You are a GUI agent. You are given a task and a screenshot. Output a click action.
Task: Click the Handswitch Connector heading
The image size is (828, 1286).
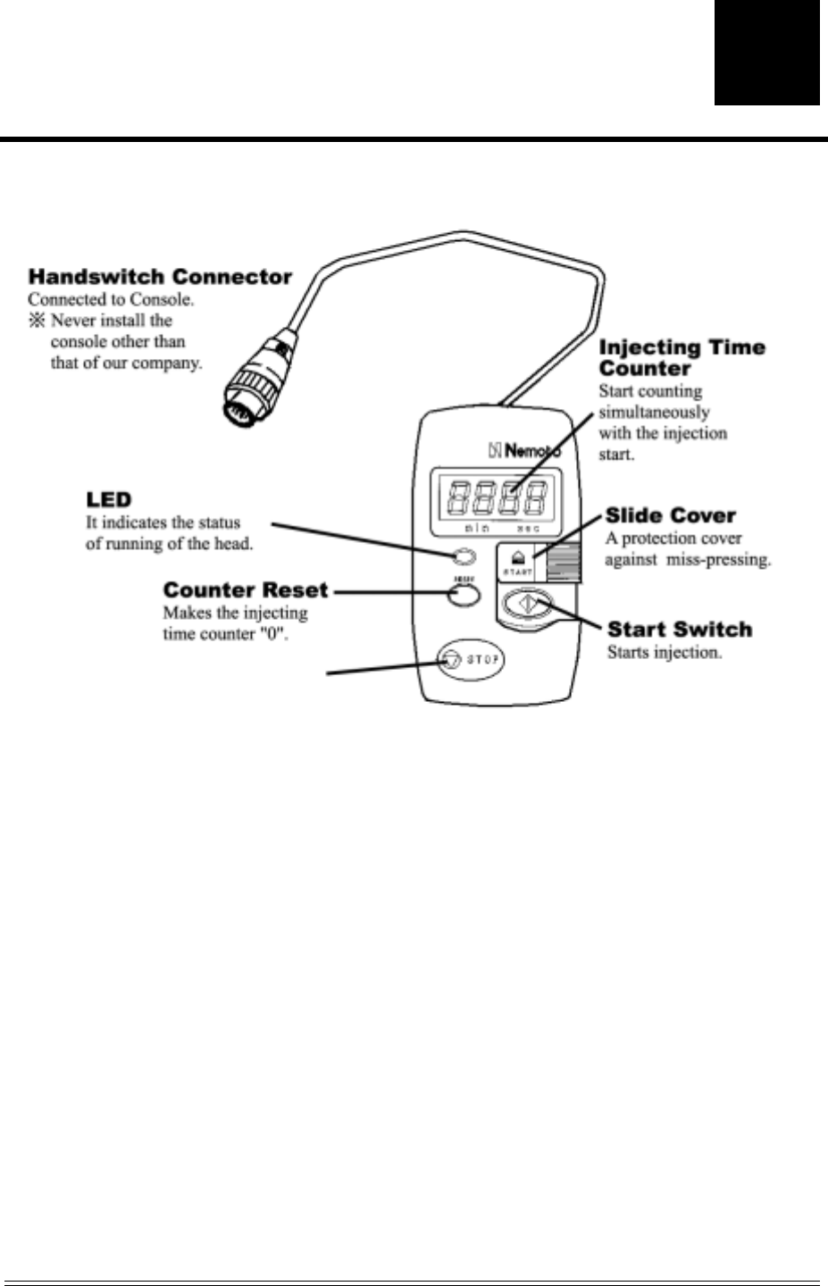[160, 277]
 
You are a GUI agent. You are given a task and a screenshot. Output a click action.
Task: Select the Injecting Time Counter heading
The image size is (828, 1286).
[682, 357]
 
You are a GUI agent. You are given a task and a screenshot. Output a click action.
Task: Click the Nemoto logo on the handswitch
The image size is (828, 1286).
[525, 449]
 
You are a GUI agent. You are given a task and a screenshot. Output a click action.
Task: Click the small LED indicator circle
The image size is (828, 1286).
[464, 558]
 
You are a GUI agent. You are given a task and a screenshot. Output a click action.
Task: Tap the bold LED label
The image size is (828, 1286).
[108, 499]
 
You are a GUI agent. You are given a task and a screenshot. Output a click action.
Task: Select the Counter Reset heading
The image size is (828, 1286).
[246, 590]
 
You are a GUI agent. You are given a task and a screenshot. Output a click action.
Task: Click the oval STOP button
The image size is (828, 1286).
[470, 660]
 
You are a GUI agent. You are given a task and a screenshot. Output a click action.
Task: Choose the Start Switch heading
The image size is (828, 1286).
[679, 630]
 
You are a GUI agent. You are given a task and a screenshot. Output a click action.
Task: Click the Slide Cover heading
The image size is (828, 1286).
[670, 515]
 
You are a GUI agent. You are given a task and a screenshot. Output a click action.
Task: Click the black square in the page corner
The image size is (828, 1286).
[766, 53]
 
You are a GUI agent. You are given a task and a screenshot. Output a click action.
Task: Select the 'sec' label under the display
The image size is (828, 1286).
[529, 529]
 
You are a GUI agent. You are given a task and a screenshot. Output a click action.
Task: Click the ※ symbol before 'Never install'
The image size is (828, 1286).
[37, 321]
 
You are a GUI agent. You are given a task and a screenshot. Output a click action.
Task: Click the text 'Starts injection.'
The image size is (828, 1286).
[664, 653]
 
